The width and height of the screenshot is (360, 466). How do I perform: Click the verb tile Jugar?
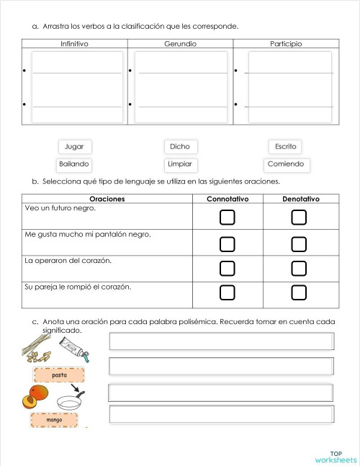click(x=74, y=146)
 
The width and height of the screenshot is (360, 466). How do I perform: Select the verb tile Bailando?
click(x=74, y=164)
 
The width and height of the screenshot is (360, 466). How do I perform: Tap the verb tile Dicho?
click(x=180, y=146)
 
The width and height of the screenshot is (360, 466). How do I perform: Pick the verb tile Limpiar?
click(x=180, y=164)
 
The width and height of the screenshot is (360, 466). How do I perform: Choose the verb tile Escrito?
click(x=285, y=146)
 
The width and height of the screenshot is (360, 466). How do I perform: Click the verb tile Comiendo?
click(x=285, y=164)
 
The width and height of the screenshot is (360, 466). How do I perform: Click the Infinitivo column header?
click(x=75, y=44)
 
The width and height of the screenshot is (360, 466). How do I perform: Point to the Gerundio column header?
click(x=180, y=44)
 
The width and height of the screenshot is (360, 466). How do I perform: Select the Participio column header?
click(x=286, y=44)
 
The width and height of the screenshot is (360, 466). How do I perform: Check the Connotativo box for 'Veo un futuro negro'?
click(x=228, y=217)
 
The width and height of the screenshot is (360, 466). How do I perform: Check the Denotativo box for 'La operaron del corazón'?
click(x=299, y=268)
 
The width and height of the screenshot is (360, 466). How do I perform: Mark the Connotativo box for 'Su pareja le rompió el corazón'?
click(x=228, y=292)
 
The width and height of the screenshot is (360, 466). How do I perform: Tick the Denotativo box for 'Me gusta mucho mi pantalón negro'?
click(x=299, y=243)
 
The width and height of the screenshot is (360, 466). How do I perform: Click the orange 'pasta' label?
click(x=59, y=375)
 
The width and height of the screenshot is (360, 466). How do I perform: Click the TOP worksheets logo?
click(x=335, y=457)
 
